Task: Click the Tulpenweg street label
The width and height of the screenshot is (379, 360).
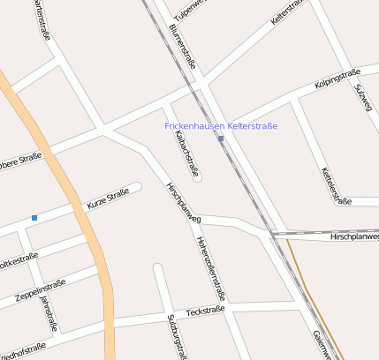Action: coord(190,9)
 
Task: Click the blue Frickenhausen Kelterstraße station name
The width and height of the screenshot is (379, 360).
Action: coord(221,126)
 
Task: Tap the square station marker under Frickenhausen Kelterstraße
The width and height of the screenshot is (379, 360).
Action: coord(221,139)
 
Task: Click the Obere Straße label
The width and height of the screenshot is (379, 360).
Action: coord(19,161)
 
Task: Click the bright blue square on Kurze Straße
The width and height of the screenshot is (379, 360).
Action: coord(34,217)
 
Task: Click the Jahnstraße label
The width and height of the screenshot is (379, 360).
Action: coord(48,313)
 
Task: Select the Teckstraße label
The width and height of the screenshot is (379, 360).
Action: coord(206,311)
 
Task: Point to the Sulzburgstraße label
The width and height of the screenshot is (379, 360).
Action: coord(177,336)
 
